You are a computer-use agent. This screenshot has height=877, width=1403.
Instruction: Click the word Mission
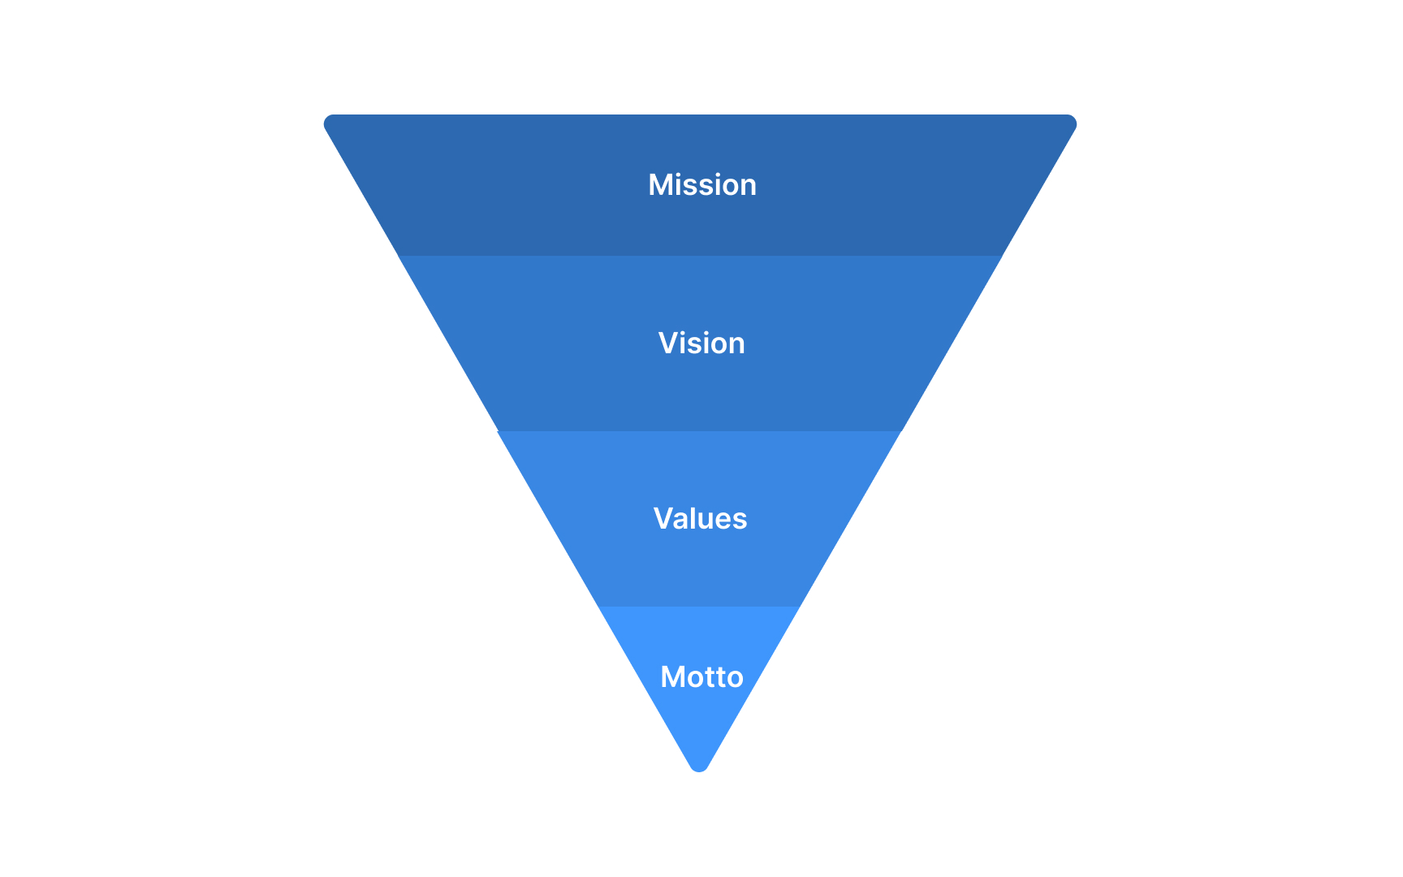(701, 185)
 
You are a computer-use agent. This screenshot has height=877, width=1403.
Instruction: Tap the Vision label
(701, 343)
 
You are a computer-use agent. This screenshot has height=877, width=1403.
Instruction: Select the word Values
(700, 519)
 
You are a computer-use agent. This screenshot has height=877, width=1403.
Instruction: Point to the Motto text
(701, 677)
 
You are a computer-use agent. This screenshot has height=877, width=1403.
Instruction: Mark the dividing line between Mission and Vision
(568, 256)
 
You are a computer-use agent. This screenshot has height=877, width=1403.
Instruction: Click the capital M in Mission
(659, 185)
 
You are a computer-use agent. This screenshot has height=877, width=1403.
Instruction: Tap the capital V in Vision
(667, 343)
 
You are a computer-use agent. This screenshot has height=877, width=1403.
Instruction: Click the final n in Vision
(736, 345)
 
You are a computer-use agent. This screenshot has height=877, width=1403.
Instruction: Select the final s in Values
(740, 521)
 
